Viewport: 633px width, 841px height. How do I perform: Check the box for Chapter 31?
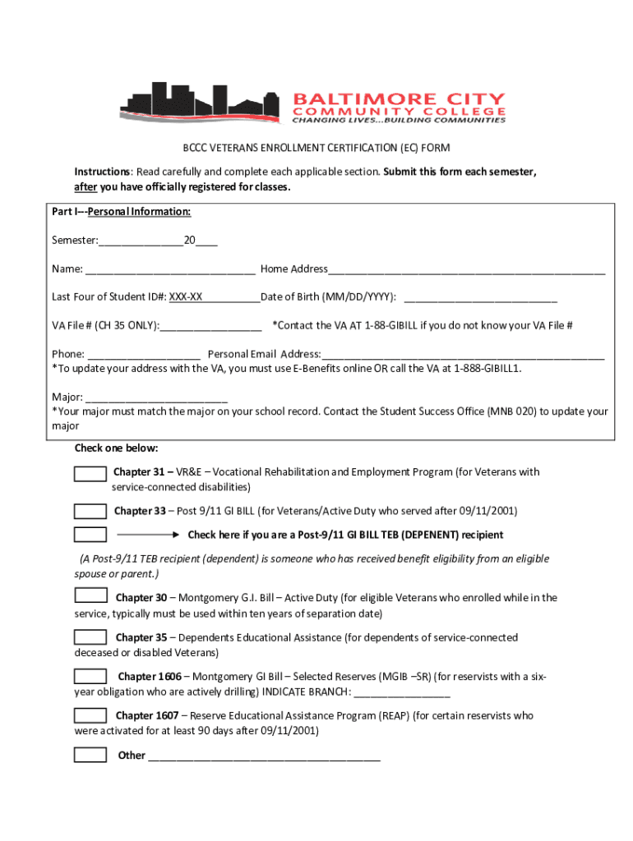coord(90,473)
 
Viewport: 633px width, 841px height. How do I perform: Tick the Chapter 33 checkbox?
coord(90,512)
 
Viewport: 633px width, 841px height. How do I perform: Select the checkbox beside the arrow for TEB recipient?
coord(90,535)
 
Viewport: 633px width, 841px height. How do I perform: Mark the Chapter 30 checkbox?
coord(90,595)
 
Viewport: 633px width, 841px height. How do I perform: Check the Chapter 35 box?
coord(90,636)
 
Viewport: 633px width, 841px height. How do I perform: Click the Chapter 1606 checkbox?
coord(90,676)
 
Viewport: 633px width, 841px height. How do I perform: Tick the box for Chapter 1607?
coord(90,715)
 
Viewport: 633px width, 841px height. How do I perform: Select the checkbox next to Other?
coord(90,755)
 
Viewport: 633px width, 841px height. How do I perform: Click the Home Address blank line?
coord(466,270)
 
